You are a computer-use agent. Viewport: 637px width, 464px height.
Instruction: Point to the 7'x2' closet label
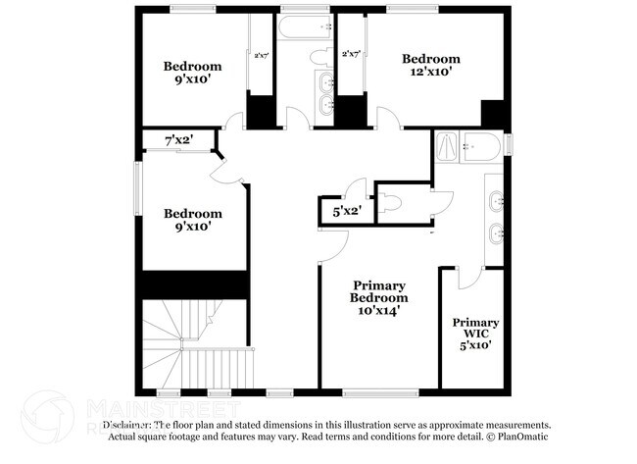pos(178,141)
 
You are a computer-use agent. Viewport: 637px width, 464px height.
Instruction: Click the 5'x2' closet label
pos(347,210)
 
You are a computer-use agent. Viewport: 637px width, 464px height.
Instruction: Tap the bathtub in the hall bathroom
pos(305,26)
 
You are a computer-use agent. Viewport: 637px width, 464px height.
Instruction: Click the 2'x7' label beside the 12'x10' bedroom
pos(352,56)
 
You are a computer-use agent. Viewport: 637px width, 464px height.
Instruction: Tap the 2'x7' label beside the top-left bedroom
pos(261,56)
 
